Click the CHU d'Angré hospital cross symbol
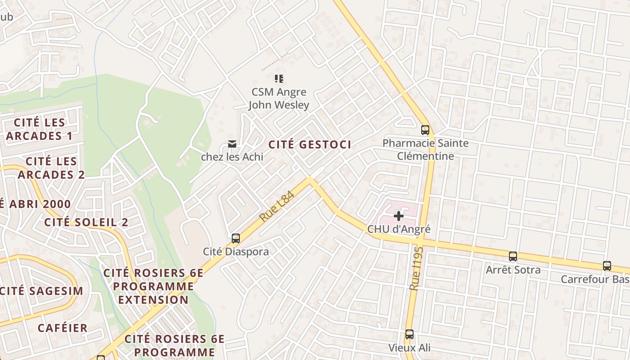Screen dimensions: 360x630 coord(398,216)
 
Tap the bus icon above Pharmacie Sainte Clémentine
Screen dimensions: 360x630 coord(425,130)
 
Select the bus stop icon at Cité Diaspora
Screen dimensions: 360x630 coord(235,238)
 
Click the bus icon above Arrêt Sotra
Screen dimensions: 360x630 coord(513,256)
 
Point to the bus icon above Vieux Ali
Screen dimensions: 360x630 coord(409,334)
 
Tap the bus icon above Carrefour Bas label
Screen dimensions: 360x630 coord(607,266)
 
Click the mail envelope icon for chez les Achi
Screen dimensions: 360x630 coord(232,144)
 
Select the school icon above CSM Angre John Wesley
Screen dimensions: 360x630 coord(279,79)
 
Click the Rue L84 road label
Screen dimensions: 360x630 coord(276,206)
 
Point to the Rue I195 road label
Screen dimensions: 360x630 coord(416,268)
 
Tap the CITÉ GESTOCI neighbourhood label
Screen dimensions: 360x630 coord(310,144)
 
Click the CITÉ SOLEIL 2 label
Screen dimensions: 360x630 coord(86,222)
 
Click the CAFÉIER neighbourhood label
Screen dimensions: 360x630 coord(63,328)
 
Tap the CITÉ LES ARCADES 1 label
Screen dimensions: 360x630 coord(40,129)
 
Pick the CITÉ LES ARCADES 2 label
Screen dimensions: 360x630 coord(51,168)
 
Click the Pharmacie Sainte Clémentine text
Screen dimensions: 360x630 coord(425,150)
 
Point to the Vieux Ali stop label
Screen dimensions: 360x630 coord(409,348)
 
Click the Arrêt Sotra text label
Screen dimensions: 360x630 coord(513,270)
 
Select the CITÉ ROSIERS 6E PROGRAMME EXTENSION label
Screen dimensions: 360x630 coord(153,286)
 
